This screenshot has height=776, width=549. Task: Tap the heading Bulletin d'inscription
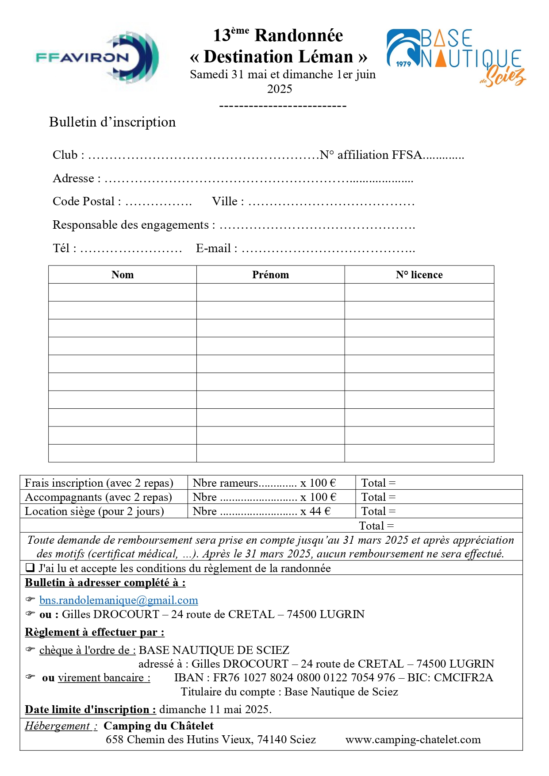click(x=112, y=122)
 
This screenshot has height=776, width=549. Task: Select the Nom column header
click(x=123, y=275)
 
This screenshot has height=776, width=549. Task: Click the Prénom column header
click(x=270, y=275)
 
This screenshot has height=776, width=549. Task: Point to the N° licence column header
click(x=419, y=275)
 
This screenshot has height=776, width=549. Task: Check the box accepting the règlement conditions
click(x=30, y=568)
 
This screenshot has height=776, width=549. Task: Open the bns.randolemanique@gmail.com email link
click(x=119, y=600)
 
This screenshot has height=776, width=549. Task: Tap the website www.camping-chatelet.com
click(x=413, y=740)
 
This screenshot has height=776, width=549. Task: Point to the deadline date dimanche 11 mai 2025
click(x=215, y=710)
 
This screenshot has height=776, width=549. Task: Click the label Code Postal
click(x=84, y=202)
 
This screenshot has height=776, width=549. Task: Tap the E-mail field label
click(x=214, y=249)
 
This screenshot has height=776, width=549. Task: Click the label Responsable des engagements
click(x=131, y=225)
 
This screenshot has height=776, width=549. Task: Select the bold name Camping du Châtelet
click(x=158, y=726)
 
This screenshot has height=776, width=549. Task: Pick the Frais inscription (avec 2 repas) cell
click(x=99, y=483)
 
